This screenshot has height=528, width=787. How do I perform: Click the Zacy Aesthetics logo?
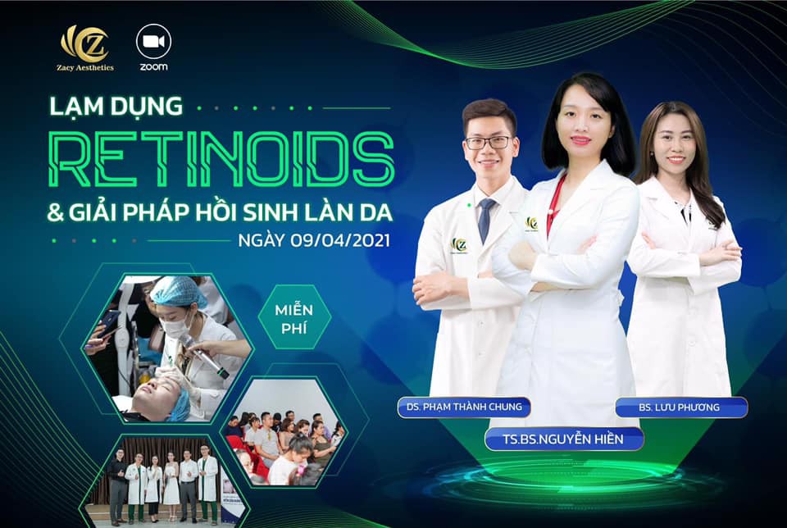[x=84, y=48]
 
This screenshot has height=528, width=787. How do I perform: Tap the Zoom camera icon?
[x=153, y=42]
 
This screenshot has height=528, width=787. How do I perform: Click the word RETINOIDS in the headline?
[x=221, y=160]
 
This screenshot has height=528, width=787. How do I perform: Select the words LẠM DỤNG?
[x=116, y=107]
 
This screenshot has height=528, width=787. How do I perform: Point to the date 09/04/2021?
[x=339, y=240]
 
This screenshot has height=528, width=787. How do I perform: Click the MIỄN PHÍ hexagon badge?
[x=294, y=318]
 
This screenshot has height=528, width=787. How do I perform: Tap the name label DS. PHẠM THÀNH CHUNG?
[x=464, y=407]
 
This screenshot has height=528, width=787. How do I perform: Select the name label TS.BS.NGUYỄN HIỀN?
[x=563, y=439]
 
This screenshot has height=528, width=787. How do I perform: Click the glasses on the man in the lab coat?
[x=488, y=143]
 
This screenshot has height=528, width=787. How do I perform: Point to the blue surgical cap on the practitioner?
[x=178, y=292]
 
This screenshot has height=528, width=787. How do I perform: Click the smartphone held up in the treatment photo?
[x=108, y=323]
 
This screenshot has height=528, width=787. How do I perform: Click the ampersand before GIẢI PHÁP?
[x=55, y=213]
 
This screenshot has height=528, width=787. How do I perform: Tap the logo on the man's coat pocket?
[x=459, y=245]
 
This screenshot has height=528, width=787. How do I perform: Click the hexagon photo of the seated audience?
[x=284, y=431]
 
